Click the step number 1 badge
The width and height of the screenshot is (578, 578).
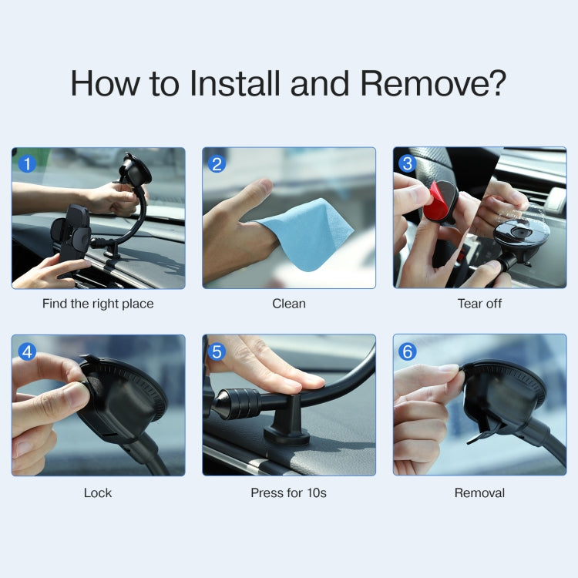(28, 163)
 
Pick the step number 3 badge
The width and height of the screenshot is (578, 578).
(408, 163)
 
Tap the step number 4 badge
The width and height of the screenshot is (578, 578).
(28, 351)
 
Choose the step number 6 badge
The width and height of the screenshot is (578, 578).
(408, 351)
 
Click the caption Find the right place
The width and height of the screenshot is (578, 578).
(98, 304)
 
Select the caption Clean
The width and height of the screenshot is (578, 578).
(289, 304)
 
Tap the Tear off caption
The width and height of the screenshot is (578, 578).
(479, 304)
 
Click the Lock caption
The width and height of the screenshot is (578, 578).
(98, 492)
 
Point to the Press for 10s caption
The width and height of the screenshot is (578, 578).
(289, 492)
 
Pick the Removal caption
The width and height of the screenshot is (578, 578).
(479, 492)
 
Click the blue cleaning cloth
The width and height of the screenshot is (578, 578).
(308, 231)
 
